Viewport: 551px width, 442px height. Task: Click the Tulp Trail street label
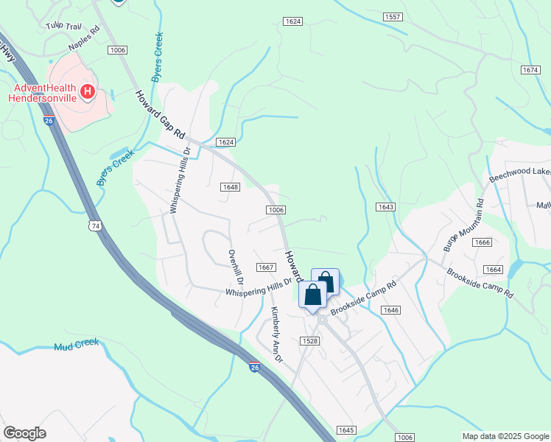(x=63, y=26)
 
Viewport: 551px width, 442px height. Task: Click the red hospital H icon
(x=88, y=92)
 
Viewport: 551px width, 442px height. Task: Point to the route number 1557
(x=393, y=16)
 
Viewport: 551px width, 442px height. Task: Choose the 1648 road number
(x=230, y=187)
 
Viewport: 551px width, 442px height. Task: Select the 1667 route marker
(x=266, y=267)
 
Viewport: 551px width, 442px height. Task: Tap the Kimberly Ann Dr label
(x=277, y=334)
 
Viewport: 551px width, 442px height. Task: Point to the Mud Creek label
(x=76, y=345)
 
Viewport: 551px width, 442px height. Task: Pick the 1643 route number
(x=386, y=206)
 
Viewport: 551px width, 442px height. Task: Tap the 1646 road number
(x=391, y=310)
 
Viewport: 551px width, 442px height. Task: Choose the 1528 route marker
(x=309, y=340)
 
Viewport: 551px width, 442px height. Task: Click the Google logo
(x=24, y=433)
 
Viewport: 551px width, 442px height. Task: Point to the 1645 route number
(x=346, y=429)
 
